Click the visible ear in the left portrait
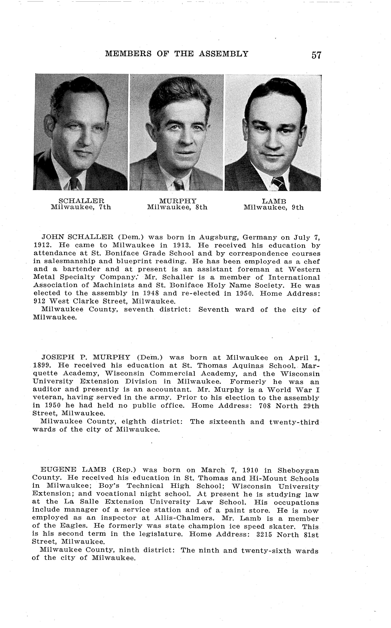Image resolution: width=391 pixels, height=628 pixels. (x=49, y=127)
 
